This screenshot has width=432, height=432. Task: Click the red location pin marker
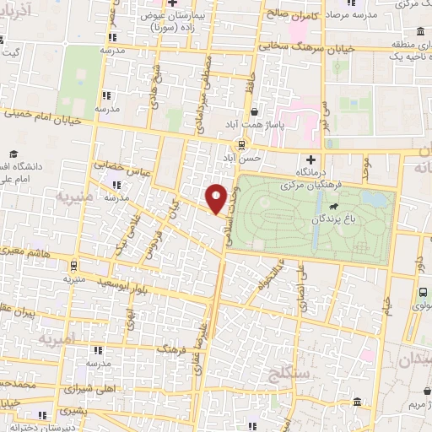click(217, 198)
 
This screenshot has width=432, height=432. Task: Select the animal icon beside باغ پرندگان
click(336, 206)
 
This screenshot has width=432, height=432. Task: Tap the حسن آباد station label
click(243, 158)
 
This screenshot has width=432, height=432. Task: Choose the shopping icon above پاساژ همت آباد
click(255, 110)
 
